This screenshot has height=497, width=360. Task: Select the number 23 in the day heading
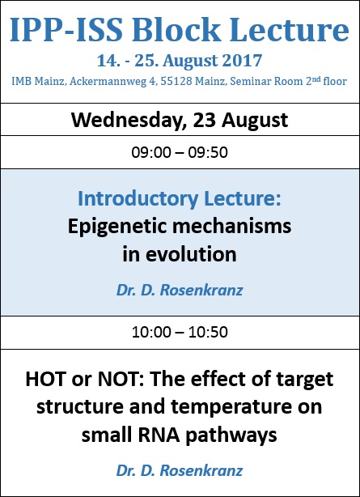205,120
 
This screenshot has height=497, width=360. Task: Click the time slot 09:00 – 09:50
180,152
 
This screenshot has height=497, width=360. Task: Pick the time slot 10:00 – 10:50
180,332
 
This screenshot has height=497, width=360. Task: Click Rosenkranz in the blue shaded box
201,290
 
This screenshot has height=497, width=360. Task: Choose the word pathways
231,436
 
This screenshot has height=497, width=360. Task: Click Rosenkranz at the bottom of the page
201,470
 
